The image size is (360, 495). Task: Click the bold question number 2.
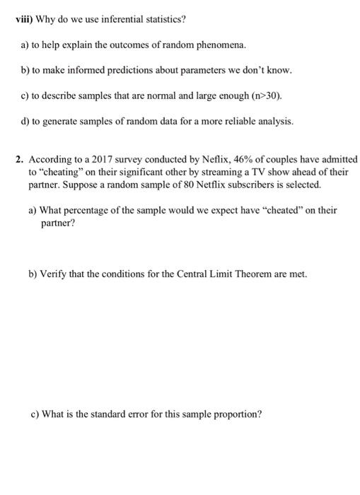(x=21, y=159)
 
